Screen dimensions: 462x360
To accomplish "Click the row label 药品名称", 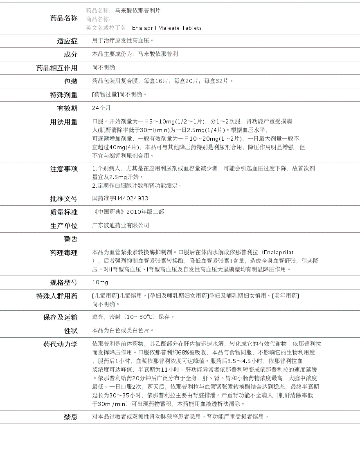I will pyautogui.click(x=63, y=18).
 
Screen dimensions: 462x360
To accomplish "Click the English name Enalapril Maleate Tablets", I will pyautogui.click(x=166, y=28).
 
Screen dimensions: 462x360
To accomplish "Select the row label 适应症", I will pyautogui.click(x=67, y=41).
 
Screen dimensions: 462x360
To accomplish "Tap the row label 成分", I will pyautogui.click(x=70, y=54).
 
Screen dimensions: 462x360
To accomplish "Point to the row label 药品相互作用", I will pyautogui.click(x=57, y=68).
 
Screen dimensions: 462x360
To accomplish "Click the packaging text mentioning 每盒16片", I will pyautogui.click(x=162, y=81).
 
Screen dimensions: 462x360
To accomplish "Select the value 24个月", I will pyautogui.click(x=101, y=108).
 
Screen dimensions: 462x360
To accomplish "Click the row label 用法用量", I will pyautogui.click(x=63, y=122).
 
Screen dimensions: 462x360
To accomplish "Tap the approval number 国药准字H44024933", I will pyautogui.click(x=120, y=198).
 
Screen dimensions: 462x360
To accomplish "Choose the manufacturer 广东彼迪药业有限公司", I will pyautogui.click(x=121, y=225).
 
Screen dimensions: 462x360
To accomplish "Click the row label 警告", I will pyautogui.click(x=70, y=239).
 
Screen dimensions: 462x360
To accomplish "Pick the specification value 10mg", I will pyautogui.click(x=100, y=282).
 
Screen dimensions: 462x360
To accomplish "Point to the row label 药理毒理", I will pyautogui.click(x=63, y=253).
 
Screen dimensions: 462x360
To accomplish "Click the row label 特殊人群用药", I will pyautogui.click(x=57, y=296).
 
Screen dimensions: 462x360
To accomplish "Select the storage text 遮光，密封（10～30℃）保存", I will pyautogui.click(x=133, y=317).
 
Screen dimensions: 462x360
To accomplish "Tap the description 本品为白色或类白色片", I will pyautogui.click(x=123, y=330).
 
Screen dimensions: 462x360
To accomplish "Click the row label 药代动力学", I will pyautogui.click(x=60, y=344).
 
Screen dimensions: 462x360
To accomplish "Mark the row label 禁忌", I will pyautogui.click(x=70, y=417).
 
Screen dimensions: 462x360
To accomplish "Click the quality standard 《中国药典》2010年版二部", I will pyautogui.click(x=128, y=212).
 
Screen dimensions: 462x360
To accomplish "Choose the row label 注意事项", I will pyautogui.click(x=63, y=169).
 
